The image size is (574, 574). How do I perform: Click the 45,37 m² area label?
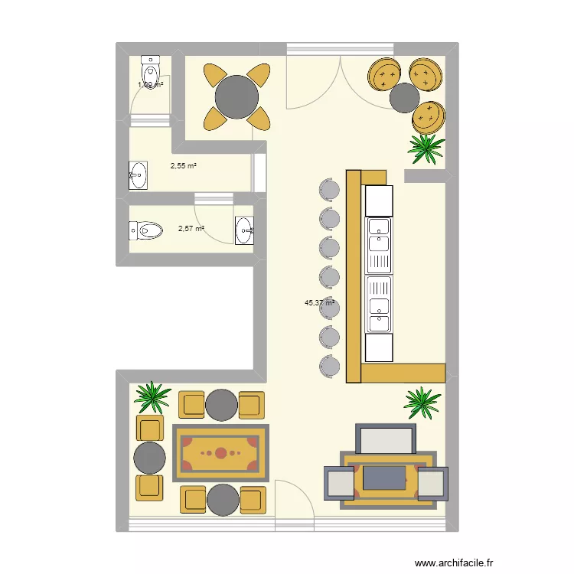pyautogui.click(x=321, y=303)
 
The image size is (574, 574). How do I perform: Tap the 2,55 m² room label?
pyautogui.click(x=184, y=165)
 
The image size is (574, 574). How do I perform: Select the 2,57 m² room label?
pyautogui.click(x=191, y=228)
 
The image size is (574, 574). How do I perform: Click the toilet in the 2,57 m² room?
pyautogui.click(x=146, y=229)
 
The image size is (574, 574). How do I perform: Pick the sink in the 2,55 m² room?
pyautogui.click(x=139, y=175)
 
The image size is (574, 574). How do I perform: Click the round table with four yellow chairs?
pyautogui.click(x=236, y=97)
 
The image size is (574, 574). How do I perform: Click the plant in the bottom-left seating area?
pyautogui.click(x=153, y=396)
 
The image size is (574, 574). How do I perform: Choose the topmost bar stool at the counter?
pyautogui.click(x=329, y=189)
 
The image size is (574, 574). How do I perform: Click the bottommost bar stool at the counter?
pyautogui.click(x=329, y=365)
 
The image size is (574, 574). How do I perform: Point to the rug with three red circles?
pyautogui.click(x=220, y=452)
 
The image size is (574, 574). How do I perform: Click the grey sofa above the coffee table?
pyautogui.click(x=386, y=440)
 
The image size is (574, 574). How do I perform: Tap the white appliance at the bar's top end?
pyautogui.click(x=379, y=201)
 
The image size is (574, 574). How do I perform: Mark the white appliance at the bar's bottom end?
pyautogui.click(x=379, y=347)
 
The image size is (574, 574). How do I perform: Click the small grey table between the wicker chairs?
pyautogui.click(x=405, y=98)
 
